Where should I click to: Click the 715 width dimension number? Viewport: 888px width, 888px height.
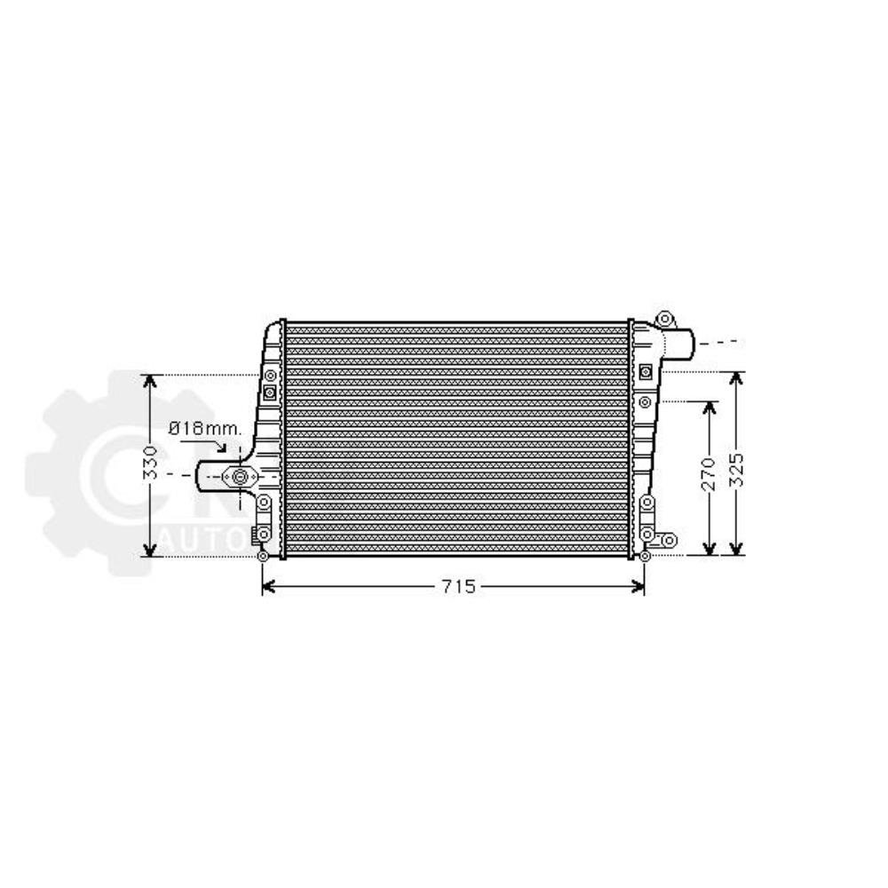click(454, 586)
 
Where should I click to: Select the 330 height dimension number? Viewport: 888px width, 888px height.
click(151, 464)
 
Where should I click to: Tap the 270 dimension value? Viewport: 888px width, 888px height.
click(708, 476)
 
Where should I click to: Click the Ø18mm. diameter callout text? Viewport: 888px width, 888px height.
click(205, 428)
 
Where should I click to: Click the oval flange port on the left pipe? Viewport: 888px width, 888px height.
click(239, 477)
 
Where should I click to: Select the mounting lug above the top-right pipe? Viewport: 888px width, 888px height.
click(663, 319)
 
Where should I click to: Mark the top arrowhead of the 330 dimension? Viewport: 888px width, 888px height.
click(151, 380)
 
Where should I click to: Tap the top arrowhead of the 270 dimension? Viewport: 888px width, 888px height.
click(709, 407)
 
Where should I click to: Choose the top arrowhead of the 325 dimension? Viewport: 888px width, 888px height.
click(736, 378)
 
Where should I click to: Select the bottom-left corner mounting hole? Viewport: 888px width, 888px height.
click(262, 557)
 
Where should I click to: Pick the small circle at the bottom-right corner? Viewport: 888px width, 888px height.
click(645, 557)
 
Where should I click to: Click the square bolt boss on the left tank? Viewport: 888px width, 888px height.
click(270, 391)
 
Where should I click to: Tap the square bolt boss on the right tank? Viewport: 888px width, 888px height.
click(644, 369)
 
